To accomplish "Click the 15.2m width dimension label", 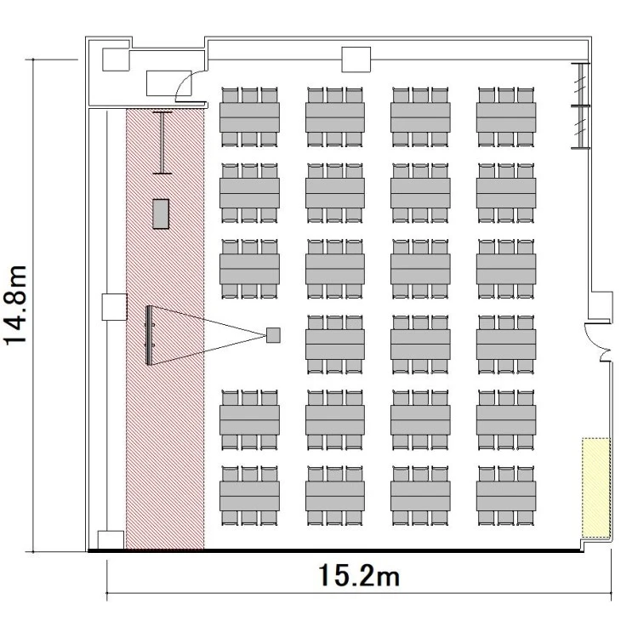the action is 359,575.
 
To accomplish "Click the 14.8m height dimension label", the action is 15,305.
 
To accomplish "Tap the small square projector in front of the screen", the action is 273,335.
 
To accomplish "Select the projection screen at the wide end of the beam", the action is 149,335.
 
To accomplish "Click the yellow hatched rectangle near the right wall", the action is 596,488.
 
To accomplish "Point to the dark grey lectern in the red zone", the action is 161,214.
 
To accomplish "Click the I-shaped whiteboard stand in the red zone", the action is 162,143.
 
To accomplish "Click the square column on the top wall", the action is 356,60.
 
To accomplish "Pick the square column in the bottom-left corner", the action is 111,540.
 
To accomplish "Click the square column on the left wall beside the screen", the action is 114,307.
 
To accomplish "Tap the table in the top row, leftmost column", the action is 249,117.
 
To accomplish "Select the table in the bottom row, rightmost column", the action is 506,496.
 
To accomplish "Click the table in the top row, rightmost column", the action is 506,117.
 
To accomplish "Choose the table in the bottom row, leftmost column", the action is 249,496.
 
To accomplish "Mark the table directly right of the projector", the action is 335,345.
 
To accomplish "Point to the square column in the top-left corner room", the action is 116,60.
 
